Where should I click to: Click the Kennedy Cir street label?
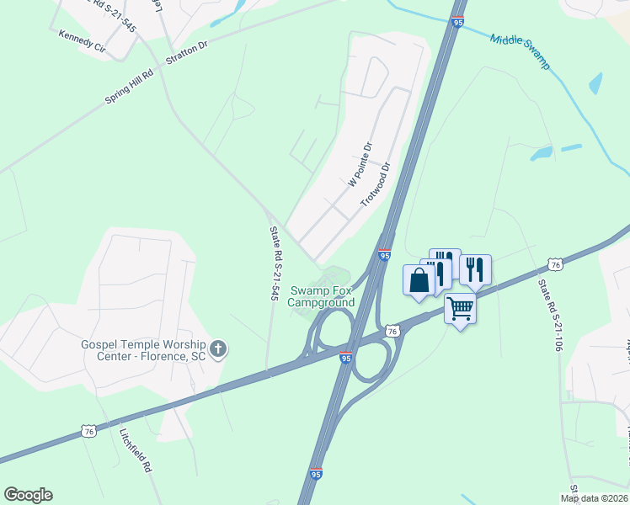pyautogui.click(x=82, y=42)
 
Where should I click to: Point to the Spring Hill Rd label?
pyautogui.click(x=129, y=87)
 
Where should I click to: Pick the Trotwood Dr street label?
pyautogui.click(x=376, y=185)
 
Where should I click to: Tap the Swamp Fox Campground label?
pyautogui.click(x=323, y=296)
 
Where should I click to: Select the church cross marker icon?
pyautogui.click(x=218, y=348)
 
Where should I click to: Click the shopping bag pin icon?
pyautogui.click(x=419, y=280)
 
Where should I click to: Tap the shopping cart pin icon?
pyautogui.click(x=460, y=309)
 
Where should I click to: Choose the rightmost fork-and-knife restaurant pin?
pyautogui.click(x=475, y=269)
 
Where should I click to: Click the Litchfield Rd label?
pyautogui.click(x=135, y=451)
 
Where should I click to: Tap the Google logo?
pyautogui.click(x=28, y=495)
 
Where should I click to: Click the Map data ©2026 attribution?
pyautogui.click(x=595, y=498)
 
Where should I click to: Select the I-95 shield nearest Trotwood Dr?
pyautogui.click(x=384, y=254)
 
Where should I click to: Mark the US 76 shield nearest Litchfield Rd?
pyautogui.click(x=89, y=431)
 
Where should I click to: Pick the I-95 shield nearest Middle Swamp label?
pyautogui.click(x=456, y=21)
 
